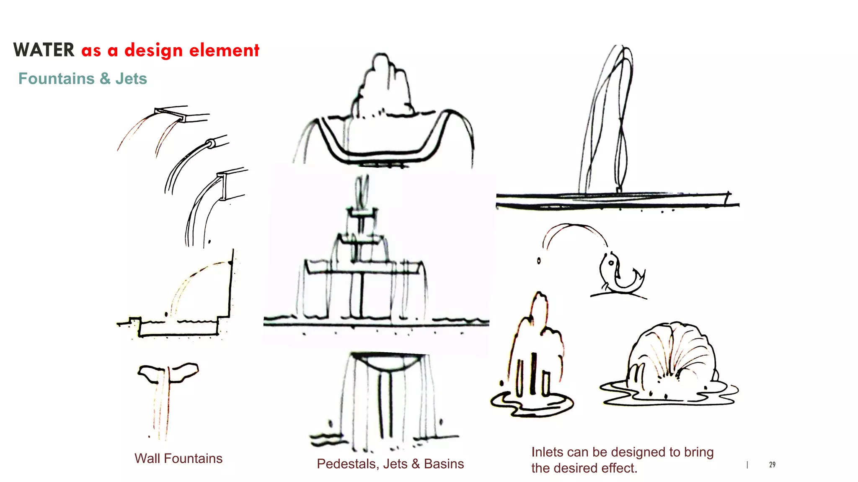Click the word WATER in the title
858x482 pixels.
(x=44, y=50)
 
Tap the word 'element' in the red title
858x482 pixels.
(x=224, y=50)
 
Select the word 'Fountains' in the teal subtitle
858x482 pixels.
(x=57, y=79)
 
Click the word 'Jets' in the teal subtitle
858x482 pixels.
(x=131, y=79)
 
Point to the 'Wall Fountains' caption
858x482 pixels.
(x=178, y=459)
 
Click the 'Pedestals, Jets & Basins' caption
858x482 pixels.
(x=390, y=464)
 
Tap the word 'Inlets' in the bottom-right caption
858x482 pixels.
(x=547, y=452)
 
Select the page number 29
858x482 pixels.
(x=772, y=464)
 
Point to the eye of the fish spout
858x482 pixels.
(x=611, y=263)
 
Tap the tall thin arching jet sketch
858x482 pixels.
(x=610, y=121)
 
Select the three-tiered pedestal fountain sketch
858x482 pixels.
(x=362, y=259)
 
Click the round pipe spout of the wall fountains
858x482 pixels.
(x=211, y=144)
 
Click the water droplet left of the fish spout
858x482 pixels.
(x=539, y=261)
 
